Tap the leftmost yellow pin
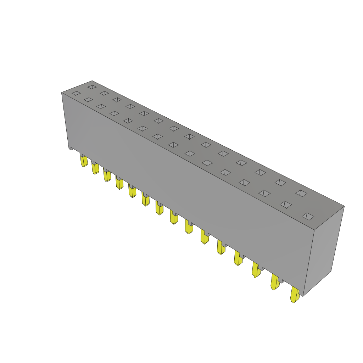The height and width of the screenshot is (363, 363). [84, 162]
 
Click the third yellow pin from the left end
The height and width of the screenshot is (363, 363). [107, 175]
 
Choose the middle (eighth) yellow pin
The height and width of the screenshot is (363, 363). [173, 217]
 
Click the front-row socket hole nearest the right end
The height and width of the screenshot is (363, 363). [308, 216]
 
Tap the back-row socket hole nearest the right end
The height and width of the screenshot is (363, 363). [301, 193]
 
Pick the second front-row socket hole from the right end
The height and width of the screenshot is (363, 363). [286, 205]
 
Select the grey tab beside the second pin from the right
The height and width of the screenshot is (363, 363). [281, 281]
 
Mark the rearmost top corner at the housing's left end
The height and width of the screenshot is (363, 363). [92, 81]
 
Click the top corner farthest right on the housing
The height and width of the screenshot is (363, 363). [344, 206]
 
